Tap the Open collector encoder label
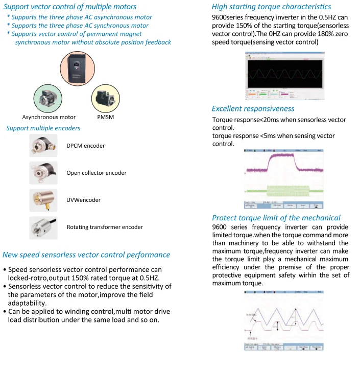pyautogui.click(x=97, y=173)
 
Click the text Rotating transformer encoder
pyautogui.click(x=105, y=227)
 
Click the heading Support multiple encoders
pyautogui.click(x=43, y=128)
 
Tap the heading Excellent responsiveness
pyautogui.click(x=253, y=108)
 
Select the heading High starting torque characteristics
pyautogui.click(x=271, y=7)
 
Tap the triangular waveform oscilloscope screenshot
pyautogui.click(x=284, y=319)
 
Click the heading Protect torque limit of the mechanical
pyautogui.click(x=276, y=218)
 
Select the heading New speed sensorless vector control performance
pyautogui.click(x=86, y=255)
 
